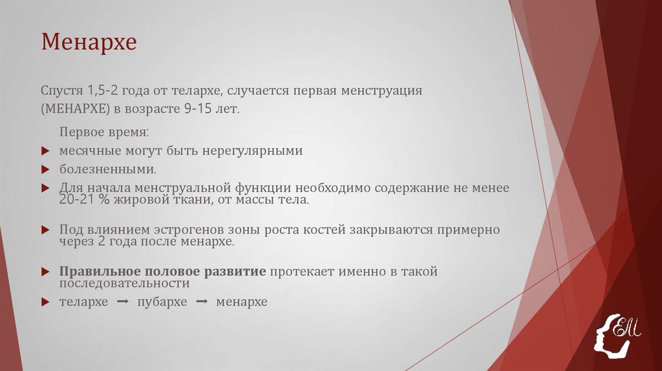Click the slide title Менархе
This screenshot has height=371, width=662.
(89, 43)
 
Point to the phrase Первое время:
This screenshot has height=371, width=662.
(104, 132)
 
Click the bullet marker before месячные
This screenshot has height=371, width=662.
(45, 151)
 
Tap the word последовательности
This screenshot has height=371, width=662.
(124, 283)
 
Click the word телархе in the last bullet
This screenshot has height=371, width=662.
(84, 302)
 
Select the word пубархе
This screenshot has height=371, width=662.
(162, 302)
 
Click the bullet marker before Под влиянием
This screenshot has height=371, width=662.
(45, 229)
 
